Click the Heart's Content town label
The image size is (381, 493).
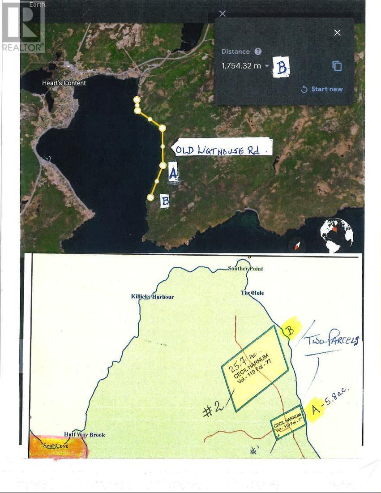click(64, 83)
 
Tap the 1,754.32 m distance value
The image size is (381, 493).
click(241, 66)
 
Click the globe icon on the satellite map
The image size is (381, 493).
click(336, 233)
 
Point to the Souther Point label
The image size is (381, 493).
click(245, 269)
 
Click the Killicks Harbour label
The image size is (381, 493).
click(152, 296)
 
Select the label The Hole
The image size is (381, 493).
click(252, 293)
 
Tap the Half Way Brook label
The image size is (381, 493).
click(84, 434)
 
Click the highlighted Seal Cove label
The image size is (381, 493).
click(56, 446)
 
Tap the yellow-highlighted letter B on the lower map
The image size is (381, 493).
click(289, 331)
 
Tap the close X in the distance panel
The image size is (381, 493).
click(337, 32)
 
